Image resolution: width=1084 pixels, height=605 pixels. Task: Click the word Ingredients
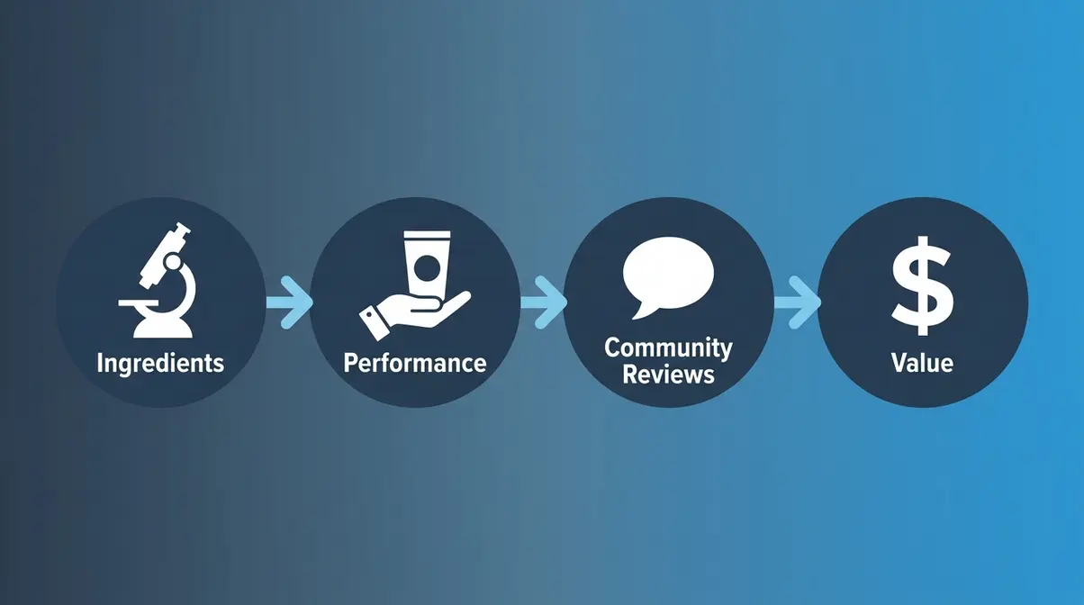pos(160,364)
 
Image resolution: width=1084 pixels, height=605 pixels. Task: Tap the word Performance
pos(415,363)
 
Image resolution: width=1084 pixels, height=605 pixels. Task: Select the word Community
pos(668,348)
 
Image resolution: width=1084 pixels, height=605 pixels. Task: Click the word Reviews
pos(668,375)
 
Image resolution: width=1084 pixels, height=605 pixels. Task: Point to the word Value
pos(922,363)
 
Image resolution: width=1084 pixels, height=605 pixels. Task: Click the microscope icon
pos(158,280)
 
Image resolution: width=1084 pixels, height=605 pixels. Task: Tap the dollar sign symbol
pos(922,285)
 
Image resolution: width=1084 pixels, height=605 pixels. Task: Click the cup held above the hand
pos(427,265)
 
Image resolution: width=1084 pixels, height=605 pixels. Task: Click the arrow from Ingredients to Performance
pos(289,302)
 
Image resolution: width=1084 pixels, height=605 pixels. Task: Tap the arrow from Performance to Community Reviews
pos(544,302)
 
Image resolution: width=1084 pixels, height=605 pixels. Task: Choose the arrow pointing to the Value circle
pos(798,302)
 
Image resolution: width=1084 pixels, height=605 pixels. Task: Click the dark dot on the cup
pos(427,267)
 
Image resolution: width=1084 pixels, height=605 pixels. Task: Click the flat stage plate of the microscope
pos(139,303)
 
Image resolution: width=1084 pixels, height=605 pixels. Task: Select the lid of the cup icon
pos(427,236)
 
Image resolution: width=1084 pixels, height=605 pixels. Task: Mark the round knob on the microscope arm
pos(172,262)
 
